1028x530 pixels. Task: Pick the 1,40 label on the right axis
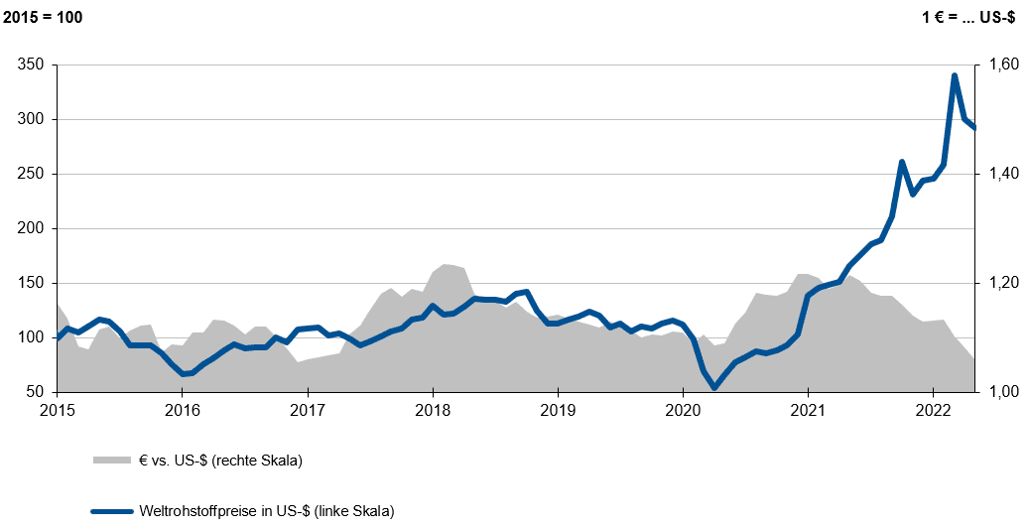(1000, 174)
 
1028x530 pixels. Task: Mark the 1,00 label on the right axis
(1000, 392)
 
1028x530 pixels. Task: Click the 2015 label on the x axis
(58, 411)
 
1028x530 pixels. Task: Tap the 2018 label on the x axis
(433, 411)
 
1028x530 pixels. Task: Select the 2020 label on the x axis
(683, 411)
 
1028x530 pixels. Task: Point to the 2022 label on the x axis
(934, 411)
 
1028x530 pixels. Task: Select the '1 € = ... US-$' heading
(971, 19)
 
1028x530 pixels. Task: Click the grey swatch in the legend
(111, 461)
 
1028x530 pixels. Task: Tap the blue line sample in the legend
(111, 512)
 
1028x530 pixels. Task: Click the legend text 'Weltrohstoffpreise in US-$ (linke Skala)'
(267, 512)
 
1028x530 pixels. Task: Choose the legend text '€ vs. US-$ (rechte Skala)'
(220, 461)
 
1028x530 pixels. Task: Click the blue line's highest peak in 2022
(955, 75)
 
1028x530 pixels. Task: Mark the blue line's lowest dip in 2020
(714, 388)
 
